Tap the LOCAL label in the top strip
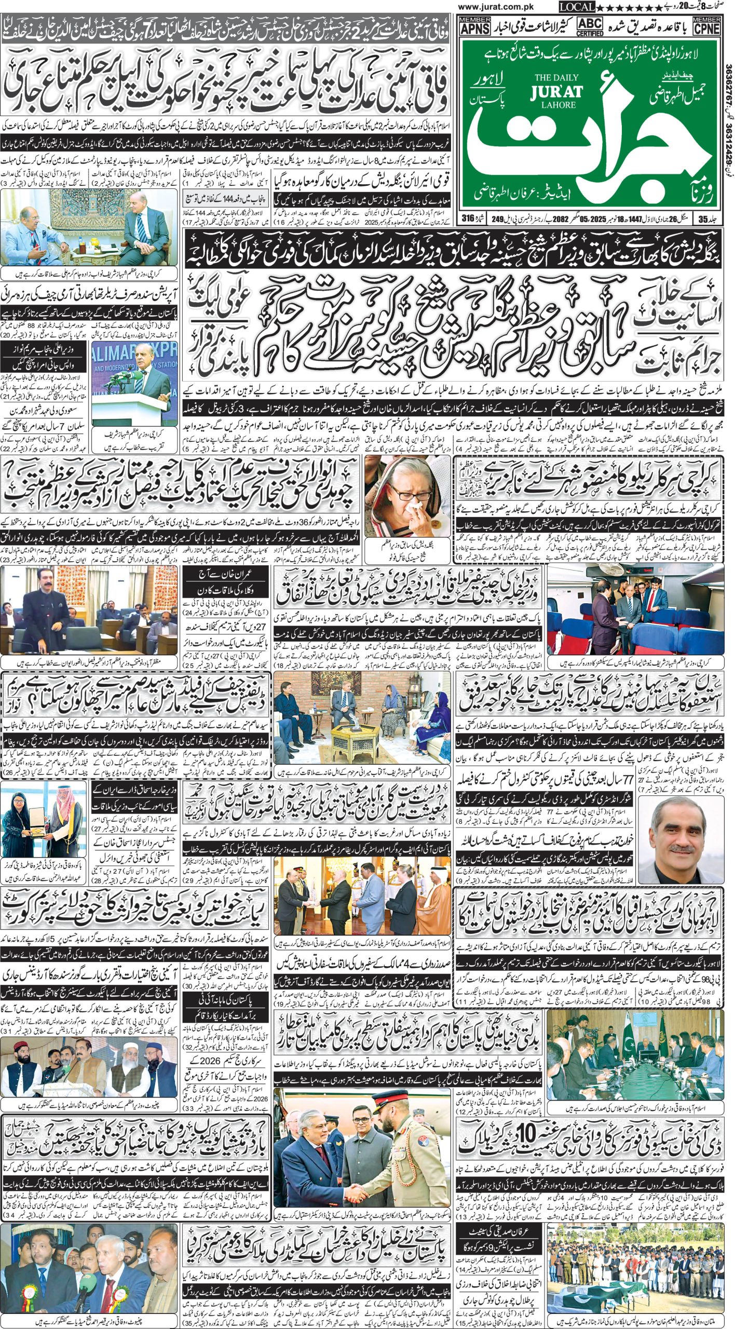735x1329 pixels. (x=577, y=7)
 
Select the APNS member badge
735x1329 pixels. (x=474, y=25)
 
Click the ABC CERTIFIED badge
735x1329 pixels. (x=590, y=25)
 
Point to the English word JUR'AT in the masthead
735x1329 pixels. (x=556, y=92)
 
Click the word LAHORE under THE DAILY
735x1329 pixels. (x=556, y=104)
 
